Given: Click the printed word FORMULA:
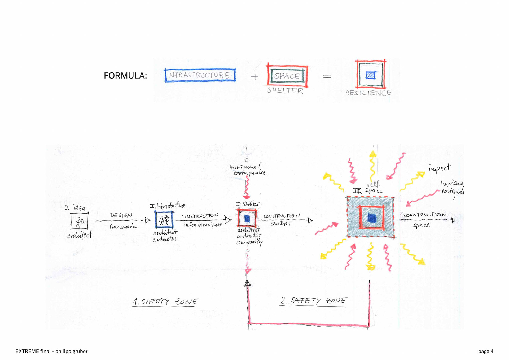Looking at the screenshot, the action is [125, 76].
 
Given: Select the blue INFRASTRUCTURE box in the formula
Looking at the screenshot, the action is [200, 75].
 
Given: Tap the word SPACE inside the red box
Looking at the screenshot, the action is [287, 76].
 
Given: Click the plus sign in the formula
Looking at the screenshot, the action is [254, 77].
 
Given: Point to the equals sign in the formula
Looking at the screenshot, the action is [327, 76].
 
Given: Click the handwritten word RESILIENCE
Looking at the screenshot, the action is [368, 93].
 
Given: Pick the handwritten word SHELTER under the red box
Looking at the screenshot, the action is [285, 91].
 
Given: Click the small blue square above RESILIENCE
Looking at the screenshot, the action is [371, 75].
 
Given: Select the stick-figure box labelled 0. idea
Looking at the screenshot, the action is [79, 221].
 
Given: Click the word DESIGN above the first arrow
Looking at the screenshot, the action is [121, 215].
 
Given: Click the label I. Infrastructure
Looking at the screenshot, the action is [168, 206].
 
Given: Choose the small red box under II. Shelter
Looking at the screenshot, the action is [247, 218].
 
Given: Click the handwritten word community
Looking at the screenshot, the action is [249, 242].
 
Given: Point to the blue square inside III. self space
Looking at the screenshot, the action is [372, 218].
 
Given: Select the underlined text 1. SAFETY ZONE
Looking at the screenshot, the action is [165, 302].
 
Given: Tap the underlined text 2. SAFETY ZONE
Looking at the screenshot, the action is [313, 301].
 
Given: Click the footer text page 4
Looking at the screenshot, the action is [486, 351].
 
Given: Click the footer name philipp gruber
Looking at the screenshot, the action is [71, 351].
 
